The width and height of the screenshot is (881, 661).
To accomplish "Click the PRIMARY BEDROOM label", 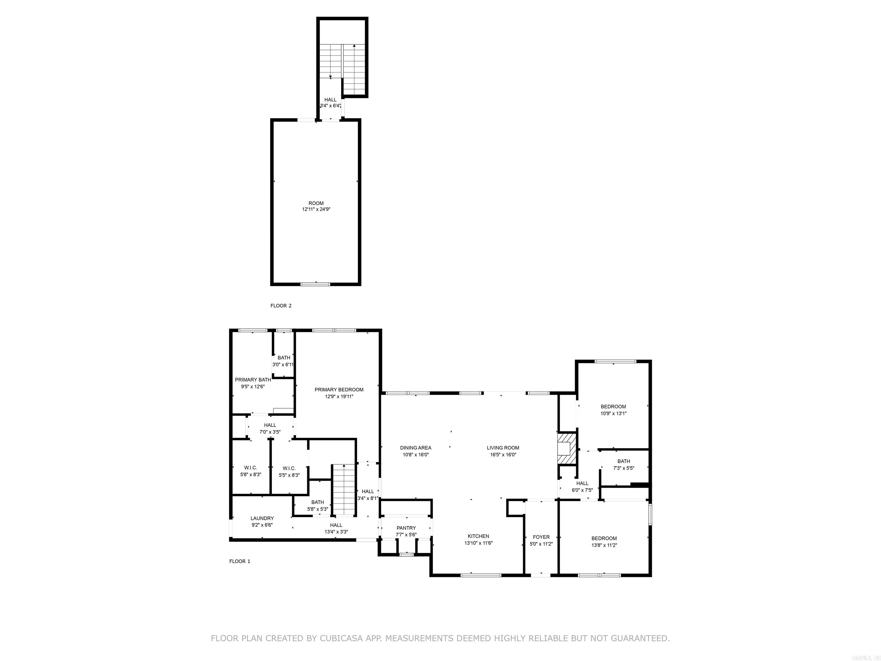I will tap(339, 390).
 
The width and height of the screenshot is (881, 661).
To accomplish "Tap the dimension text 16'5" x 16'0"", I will tap(503, 455).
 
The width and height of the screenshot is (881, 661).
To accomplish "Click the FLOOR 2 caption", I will tap(281, 306).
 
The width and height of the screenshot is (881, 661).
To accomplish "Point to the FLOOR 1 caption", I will tap(240, 561).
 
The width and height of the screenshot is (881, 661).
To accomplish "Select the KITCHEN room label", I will tap(478, 536).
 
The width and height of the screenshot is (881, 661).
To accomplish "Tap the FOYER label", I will tap(541, 537).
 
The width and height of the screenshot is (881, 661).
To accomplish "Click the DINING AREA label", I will tap(416, 448).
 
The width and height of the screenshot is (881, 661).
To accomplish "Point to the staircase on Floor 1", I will tap(344, 490).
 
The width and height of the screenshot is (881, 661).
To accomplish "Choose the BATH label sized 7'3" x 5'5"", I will tap(624, 461).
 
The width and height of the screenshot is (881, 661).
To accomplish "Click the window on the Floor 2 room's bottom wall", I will tap(315, 284).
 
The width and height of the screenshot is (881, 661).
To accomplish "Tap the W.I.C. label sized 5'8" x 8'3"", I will tap(251, 468).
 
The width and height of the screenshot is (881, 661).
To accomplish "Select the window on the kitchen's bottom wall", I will tap(481, 575).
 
